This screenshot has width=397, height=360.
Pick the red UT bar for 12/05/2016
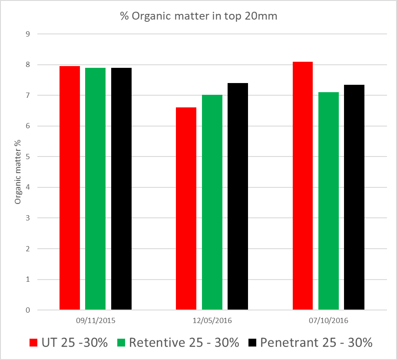tap(186, 209)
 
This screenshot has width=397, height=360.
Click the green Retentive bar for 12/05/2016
tap(212, 202)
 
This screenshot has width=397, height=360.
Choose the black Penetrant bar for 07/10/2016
tap(354, 197)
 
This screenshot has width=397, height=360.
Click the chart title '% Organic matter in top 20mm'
tap(198, 17)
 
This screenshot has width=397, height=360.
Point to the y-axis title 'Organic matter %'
tap(18, 172)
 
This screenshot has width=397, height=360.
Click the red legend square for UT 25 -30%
tap(33, 343)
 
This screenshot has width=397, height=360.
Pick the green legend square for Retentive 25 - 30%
tap(122, 343)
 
